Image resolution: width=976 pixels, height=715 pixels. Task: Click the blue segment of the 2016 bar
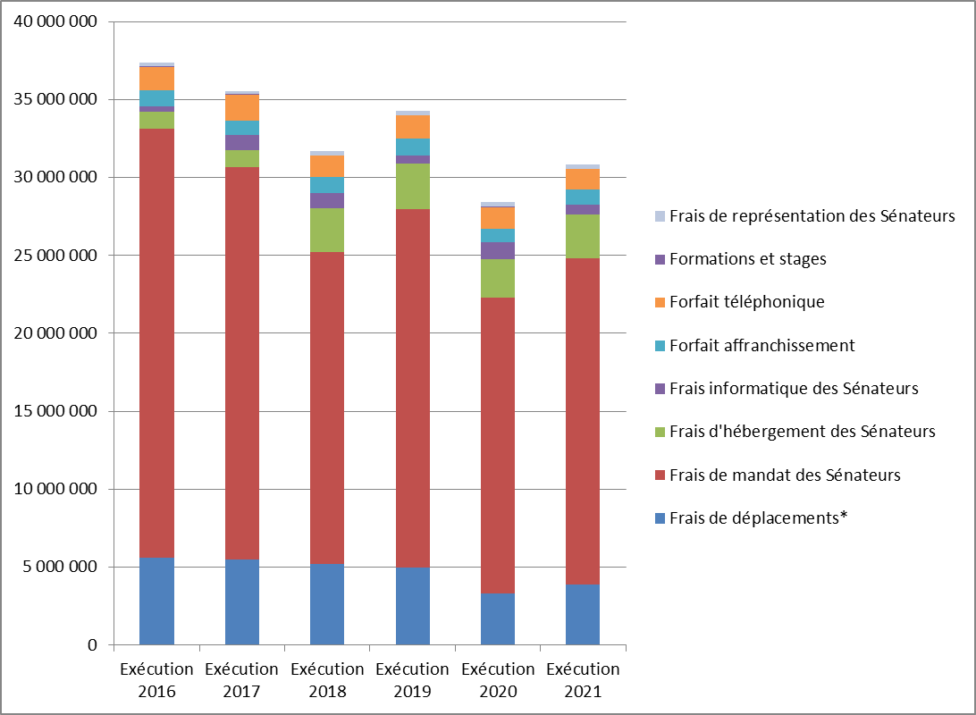click(156, 601)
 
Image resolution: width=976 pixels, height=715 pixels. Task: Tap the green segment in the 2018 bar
click(327, 230)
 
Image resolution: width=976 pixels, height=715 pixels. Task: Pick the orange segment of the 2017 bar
click(242, 107)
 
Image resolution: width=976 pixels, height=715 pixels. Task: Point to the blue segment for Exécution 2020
click(498, 618)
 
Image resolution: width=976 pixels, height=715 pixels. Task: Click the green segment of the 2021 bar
click(583, 236)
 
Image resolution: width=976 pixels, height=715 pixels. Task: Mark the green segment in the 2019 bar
click(412, 186)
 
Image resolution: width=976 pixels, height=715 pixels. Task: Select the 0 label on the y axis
click(92, 645)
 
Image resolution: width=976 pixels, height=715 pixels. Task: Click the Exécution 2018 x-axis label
click(327, 680)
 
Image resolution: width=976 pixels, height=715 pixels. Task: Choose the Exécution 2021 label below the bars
click(583, 680)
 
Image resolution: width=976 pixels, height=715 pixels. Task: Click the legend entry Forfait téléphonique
click(746, 302)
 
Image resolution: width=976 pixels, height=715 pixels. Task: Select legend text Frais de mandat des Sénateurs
click(785, 475)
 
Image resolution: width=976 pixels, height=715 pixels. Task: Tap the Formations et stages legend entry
click(747, 259)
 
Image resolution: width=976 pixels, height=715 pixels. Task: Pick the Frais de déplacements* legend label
click(758, 517)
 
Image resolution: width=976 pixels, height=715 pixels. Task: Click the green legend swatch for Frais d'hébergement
click(660, 432)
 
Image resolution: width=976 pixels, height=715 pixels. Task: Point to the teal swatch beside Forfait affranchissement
click(660, 346)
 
